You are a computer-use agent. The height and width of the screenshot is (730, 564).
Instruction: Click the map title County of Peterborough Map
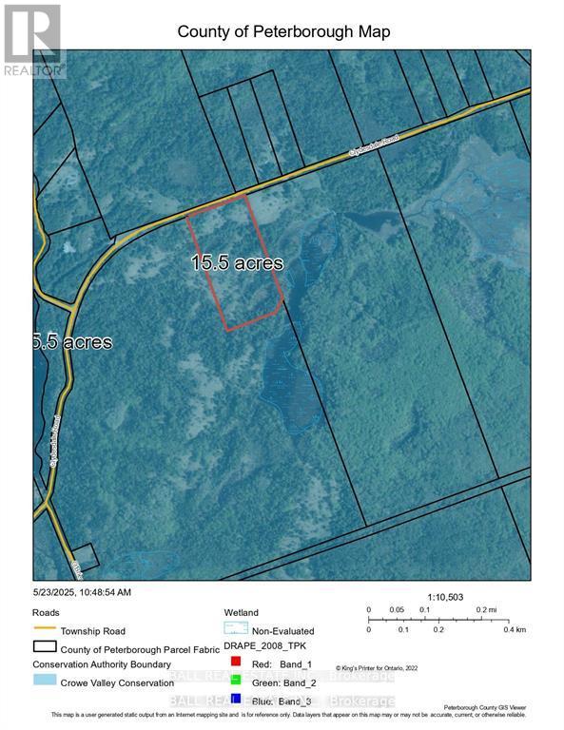(283, 32)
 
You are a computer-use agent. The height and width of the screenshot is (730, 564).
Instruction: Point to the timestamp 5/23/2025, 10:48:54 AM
(82, 592)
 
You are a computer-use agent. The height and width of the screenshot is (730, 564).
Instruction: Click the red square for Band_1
(234, 661)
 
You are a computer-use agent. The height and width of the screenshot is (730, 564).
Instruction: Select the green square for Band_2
(234, 680)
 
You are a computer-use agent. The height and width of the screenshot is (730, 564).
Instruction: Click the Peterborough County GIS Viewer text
(499, 708)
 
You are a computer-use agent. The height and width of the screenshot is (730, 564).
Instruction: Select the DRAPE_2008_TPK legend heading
(259, 645)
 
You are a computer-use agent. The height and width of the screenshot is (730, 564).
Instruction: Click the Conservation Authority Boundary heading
(102, 664)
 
